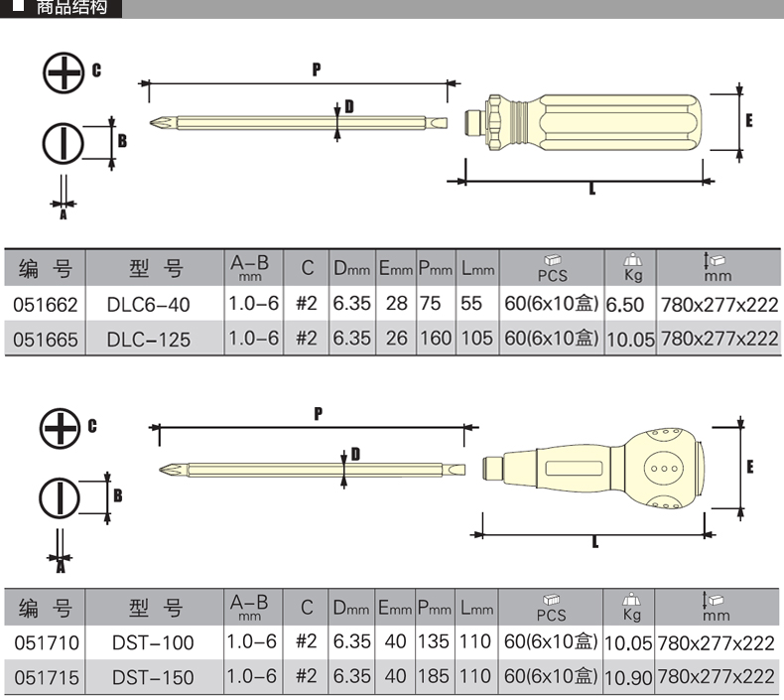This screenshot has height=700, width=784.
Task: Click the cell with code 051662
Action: pyautogui.click(x=46, y=305)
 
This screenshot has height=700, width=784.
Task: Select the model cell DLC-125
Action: pyautogui.click(x=148, y=340)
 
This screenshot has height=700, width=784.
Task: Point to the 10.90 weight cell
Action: pyautogui.click(x=628, y=677)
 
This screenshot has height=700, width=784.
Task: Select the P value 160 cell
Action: pyautogui.click(x=435, y=339)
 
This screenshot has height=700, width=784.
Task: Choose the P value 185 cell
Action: pyautogui.click(x=435, y=676)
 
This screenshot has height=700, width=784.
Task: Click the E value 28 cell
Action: pyautogui.click(x=397, y=304)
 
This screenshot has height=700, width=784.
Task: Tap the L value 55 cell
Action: pyautogui.click(x=472, y=304)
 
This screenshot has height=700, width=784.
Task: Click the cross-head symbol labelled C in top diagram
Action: pyautogui.click(x=63, y=72)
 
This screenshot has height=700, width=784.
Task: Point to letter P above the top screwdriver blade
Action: pyautogui.click(x=316, y=70)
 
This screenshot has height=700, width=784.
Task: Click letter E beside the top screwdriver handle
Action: pyautogui.click(x=748, y=120)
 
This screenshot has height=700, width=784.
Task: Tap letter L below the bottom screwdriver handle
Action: pyautogui.click(x=594, y=542)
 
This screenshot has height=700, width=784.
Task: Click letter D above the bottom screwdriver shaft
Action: pyautogui.click(x=354, y=455)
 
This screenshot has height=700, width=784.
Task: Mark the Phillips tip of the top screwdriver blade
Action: pyautogui.click(x=158, y=124)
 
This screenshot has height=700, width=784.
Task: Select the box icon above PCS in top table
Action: pyautogui.click(x=552, y=260)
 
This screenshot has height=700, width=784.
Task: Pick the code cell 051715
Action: pyautogui.click(x=46, y=677)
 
